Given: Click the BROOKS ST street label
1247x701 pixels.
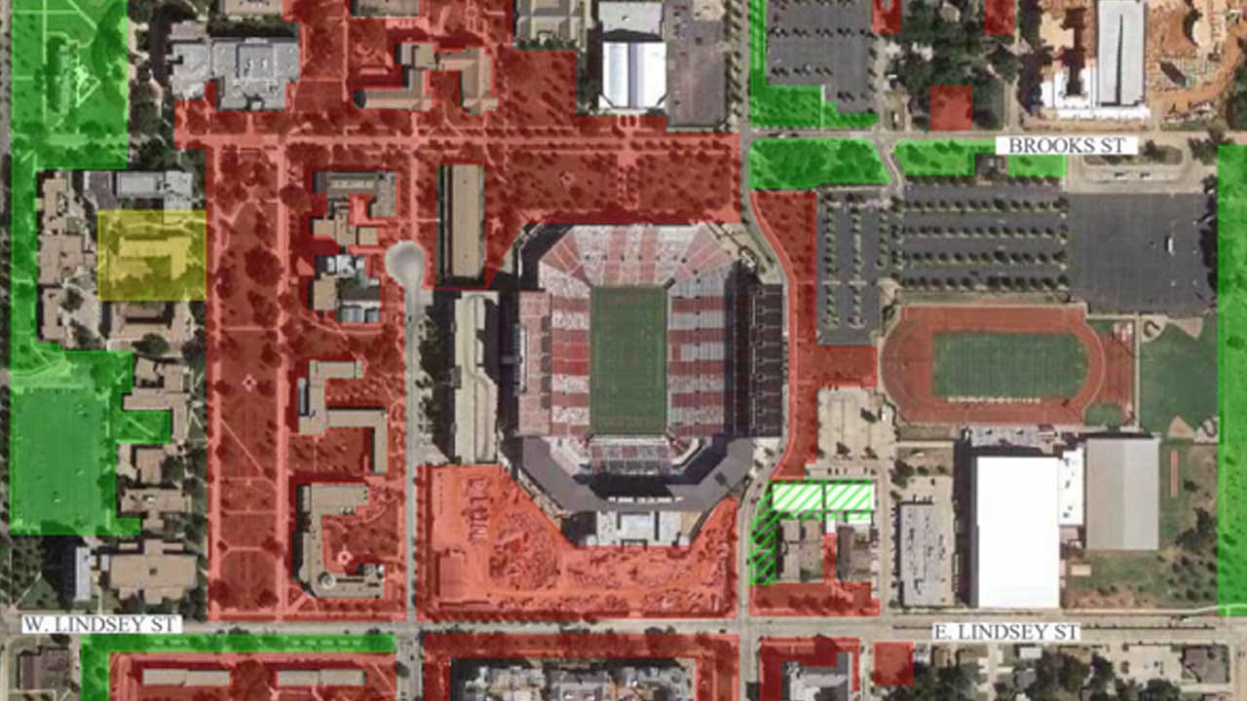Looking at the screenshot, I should point(1066,145).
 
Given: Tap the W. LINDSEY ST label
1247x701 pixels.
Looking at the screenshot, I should point(101,624).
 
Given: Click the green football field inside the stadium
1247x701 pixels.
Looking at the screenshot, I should point(627,359).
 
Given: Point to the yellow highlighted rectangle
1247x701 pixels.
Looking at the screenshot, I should point(151,255).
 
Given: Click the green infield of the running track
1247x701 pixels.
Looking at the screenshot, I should point(1009,365).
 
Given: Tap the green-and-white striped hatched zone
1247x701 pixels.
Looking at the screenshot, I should point(821,498).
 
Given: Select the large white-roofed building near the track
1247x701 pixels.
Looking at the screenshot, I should point(1016,532).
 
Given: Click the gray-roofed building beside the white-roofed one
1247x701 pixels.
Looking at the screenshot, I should point(1122,494).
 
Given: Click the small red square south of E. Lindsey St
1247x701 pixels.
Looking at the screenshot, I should point(892,663).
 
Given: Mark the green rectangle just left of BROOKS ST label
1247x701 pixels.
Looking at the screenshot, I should point(941,157).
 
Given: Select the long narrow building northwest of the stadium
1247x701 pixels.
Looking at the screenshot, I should point(463,221).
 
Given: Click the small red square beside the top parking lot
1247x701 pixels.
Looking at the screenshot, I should point(950,108).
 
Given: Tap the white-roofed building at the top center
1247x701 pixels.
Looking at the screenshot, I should point(632,74).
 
